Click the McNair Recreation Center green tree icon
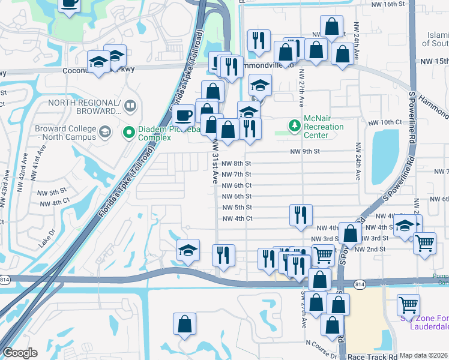(294, 125)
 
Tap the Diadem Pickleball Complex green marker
(128, 132)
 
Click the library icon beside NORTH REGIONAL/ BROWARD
(130, 106)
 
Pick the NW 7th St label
(236, 174)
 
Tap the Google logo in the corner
(20, 353)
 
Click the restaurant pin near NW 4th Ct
(301, 215)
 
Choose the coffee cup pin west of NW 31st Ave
(184, 115)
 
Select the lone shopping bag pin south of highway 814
(185, 324)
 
